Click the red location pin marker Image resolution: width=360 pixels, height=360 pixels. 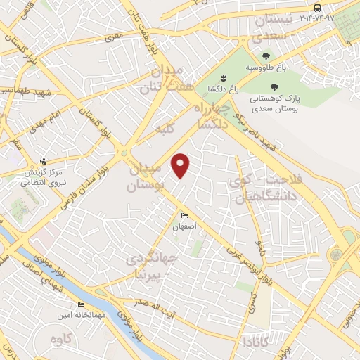point(181,165)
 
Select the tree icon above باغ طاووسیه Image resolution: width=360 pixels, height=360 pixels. point(266,56)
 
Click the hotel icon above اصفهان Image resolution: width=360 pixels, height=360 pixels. point(185,217)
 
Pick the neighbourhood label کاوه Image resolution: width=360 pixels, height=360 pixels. point(61,340)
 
